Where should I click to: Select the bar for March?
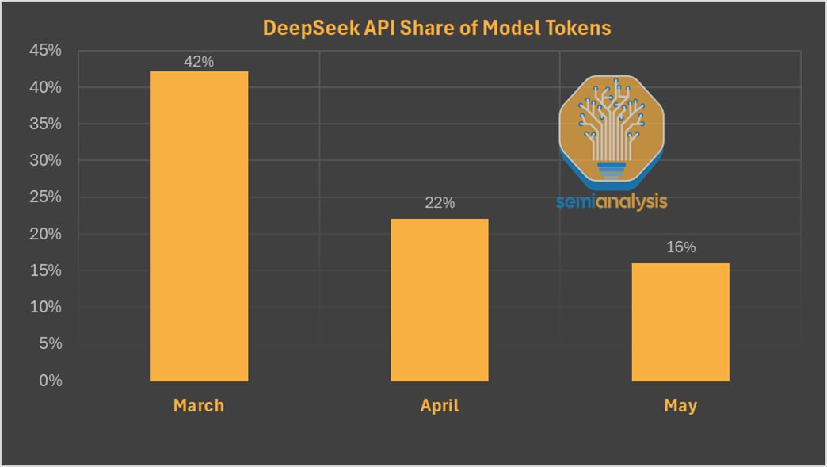(x=199, y=226)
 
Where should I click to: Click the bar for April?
(x=439, y=300)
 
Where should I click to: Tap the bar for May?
(x=680, y=322)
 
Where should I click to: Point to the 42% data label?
(x=199, y=61)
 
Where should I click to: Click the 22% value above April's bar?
(x=439, y=203)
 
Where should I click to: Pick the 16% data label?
(x=680, y=247)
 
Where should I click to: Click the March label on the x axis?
(x=199, y=406)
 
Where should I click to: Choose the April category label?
(x=439, y=406)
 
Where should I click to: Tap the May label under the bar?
(x=680, y=406)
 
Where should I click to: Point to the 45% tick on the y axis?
(x=45, y=51)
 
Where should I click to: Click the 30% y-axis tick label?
(x=45, y=161)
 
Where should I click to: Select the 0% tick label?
(x=50, y=381)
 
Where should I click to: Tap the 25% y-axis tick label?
(x=45, y=197)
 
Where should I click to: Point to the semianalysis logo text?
(x=612, y=201)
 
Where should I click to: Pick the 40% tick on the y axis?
(x=45, y=87)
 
